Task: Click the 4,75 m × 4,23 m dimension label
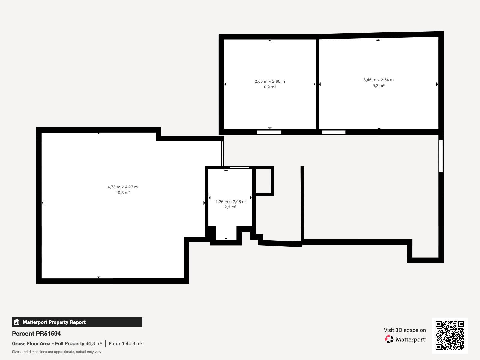(x=123, y=187)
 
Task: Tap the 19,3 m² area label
(x=123, y=193)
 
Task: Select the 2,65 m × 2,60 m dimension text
(x=270, y=82)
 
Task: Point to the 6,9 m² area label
(x=270, y=87)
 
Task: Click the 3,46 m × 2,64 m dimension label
(x=378, y=80)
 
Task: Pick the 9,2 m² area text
(x=378, y=86)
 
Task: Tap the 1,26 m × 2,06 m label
(x=230, y=202)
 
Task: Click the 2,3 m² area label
(x=230, y=207)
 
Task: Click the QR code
(x=450, y=335)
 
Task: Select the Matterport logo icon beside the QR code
(x=389, y=339)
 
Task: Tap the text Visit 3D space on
(x=405, y=330)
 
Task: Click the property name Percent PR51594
(x=36, y=334)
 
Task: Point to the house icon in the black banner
(x=17, y=322)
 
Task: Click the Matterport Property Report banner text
(x=55, y=322)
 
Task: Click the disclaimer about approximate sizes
(x=57, y=352)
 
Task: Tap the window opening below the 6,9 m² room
(x=269, y=132)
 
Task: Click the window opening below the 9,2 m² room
(x=334, y=132)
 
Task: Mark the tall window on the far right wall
(x=441, y=156)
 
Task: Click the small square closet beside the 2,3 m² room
(x=263, y=181)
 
